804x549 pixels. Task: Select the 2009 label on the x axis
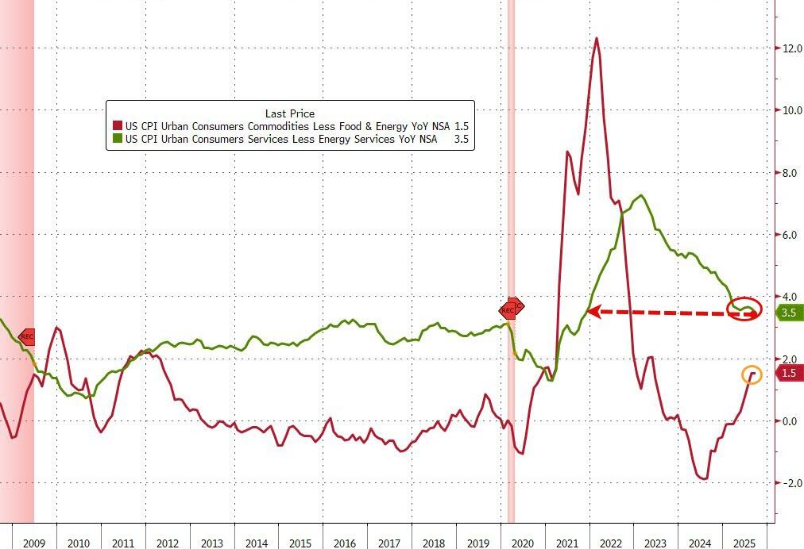(x=33, y=543)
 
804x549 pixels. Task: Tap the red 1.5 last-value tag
(x=788, y=374)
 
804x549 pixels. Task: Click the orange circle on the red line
(x=752, y=374)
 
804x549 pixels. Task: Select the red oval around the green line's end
(x=746, y=309)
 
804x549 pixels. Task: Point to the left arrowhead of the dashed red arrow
(x=593, y=312)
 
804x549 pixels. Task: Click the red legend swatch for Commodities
(x=117, y=126)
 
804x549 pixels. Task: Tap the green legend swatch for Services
(x=117, y=139)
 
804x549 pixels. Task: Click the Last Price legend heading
(x=290, y=113)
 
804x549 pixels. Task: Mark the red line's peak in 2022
(x=597, y=38)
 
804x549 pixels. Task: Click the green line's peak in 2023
(x=641, y=195)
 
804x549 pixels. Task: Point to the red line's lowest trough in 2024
(x=704, y=478)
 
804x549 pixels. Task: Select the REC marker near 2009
(x=25, y=336)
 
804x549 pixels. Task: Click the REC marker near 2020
(x=511, y=309)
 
